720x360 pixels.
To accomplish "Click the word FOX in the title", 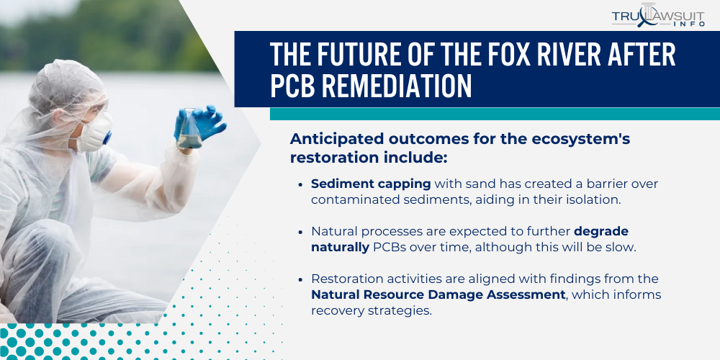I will coord(449,56).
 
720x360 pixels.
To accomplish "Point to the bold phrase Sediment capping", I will coord(370,184).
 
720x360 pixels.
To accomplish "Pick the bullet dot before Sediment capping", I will coord(300,184).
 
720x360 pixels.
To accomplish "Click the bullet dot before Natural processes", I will coord(300,232).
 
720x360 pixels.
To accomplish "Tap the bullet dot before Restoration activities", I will coord(300,279).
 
